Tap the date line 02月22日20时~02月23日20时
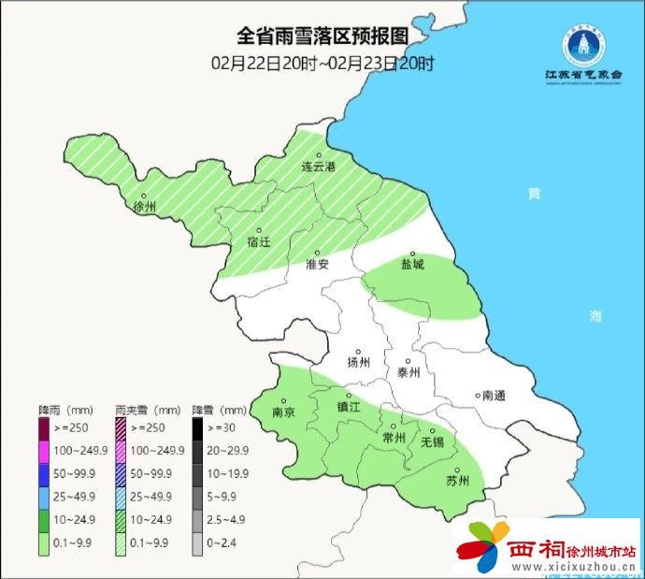pos(322,64)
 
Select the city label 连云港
pos(318,166)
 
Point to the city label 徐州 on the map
pos(145,206)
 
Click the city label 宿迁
pos(259,241)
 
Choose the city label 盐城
pos(412,264)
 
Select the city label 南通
pos(493,396)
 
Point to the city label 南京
pos(283,412)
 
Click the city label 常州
pos(394,437)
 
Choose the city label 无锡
pos(433,441)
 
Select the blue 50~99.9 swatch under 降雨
pos(44,474)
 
